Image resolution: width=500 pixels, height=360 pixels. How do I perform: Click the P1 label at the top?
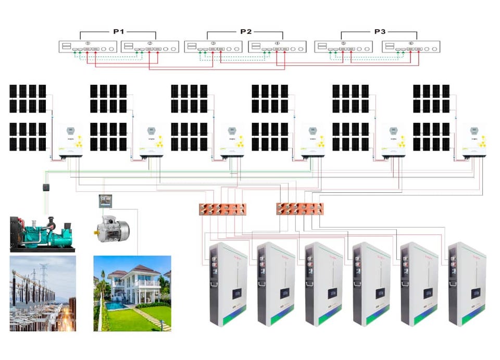pyautogui.click(x=119, y=32)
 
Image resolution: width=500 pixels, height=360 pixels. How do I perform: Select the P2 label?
pyautogui.click(x=246, y=32)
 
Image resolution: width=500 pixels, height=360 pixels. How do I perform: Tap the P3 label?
pyautogui.click(x=380, y=32)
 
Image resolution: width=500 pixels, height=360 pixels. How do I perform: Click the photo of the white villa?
pyautogui.click(x=132, y=293)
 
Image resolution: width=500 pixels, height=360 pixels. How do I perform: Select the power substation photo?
pyautogui.click(x=43, y=293)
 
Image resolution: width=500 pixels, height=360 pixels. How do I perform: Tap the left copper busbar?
pyautogui.click(x=223, y=209)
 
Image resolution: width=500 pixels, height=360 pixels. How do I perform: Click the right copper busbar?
pyautogui.click(x=299, y=209)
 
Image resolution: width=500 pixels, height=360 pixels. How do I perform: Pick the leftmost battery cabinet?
pyautogui.click(x=227, y=284)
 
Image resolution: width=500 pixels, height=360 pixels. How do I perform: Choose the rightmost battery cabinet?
pyautogui.click(x=467, y=284)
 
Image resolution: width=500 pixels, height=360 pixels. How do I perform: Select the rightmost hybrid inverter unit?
pyautogui.click(x=474, y=140)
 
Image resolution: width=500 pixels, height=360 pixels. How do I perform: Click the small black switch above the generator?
pyautogui.click(x=45, y=188)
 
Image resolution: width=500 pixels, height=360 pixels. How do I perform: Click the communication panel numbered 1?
pyautogui.click(x=87, y=47)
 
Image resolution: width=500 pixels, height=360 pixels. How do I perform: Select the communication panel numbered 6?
pyautogui.click(x=410, y=47)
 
